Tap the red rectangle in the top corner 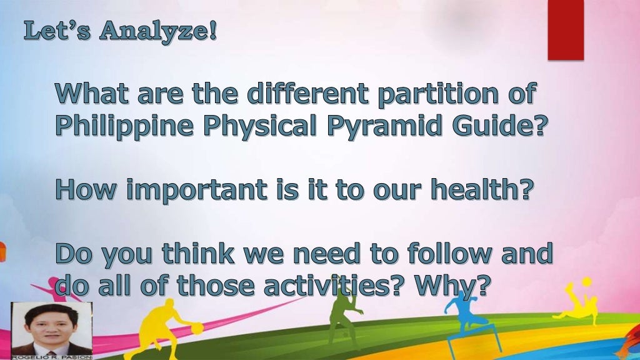[565, 29]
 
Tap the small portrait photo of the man [51, 329]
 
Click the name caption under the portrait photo [51, 357]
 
